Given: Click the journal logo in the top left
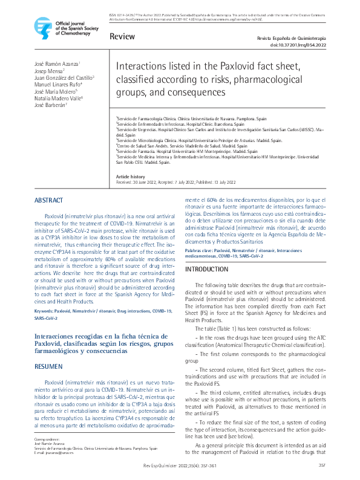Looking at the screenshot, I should [x=42, y=27].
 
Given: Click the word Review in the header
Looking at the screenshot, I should [x=122, y=37].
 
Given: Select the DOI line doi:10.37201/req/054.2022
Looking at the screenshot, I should [x=298, y=45].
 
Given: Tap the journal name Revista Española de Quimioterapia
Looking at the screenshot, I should [x=292, y=37].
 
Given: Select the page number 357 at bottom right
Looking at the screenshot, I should [x=322, y=464].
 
